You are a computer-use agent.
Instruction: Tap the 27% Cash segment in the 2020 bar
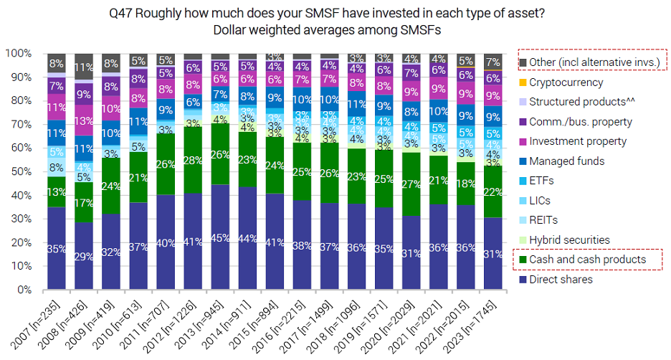coord(411,184)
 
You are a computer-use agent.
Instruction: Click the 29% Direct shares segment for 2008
coord(83,256)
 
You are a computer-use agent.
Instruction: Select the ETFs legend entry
coord(545,180)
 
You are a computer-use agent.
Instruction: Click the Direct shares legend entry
coord(561,279)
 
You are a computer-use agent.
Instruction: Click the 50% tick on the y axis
coord(19,171)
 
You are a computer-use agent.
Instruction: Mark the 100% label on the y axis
coord(17,53)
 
